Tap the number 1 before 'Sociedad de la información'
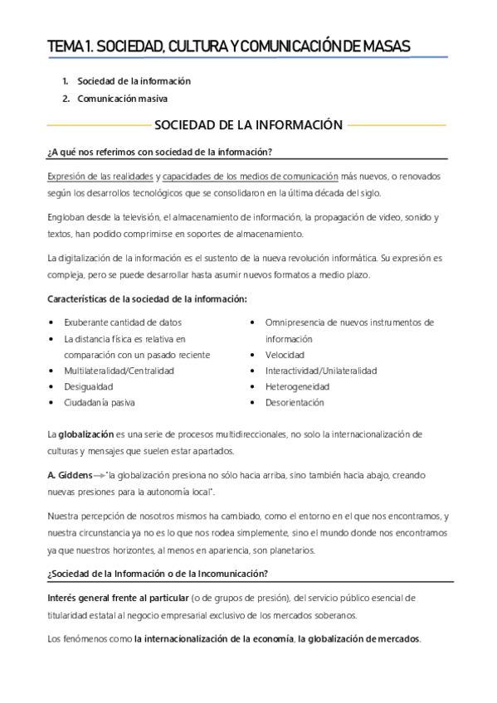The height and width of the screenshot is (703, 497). pos(65,81)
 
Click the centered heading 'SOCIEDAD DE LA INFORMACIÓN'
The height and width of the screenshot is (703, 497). pos(248,125)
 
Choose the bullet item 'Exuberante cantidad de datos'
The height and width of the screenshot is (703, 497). pos(123,322)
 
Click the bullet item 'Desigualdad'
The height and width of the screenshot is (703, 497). pos(88,386)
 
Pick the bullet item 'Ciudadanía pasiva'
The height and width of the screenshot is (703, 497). pos(100,403)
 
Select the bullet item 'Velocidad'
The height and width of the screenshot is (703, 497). pos(285,354)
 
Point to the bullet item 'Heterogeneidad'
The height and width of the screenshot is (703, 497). pos(295,386)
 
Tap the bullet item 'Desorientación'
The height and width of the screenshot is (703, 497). pos(295,403)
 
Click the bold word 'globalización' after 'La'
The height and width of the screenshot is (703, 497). pos(90,434)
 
